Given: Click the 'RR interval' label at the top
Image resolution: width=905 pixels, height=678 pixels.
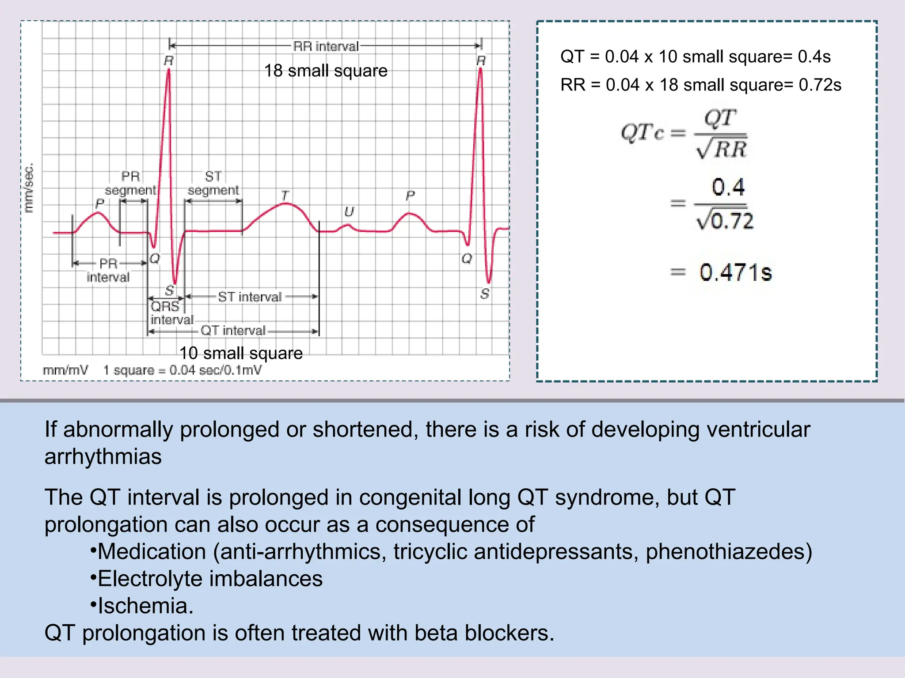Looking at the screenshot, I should pos(326,46).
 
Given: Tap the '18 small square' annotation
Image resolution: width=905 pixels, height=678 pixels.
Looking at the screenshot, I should pos(326,71).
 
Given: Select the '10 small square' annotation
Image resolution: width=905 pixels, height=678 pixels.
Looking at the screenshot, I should pos(241,353).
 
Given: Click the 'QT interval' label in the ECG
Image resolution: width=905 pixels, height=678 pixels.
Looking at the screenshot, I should pos(233,331).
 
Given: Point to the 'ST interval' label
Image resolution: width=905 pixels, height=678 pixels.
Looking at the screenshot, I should pos(250,297).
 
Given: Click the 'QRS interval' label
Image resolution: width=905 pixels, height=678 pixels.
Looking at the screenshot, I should pos(171,313).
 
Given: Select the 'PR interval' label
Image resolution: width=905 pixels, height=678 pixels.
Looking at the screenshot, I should pos(108,270).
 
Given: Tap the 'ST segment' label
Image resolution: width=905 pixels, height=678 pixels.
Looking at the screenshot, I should pos(213,184).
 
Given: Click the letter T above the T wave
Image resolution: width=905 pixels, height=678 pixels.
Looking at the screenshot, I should pos(285,195).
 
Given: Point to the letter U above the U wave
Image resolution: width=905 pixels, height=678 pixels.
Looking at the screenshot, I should pos(349,212).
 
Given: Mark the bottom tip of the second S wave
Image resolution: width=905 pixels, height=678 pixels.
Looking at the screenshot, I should pos(489,282).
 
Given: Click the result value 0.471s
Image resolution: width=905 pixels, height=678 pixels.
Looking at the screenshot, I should pos(736,272).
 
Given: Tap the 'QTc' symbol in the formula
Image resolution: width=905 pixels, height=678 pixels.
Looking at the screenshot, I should pos(643,132).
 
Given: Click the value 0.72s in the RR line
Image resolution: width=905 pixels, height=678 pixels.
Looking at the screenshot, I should pos(820,85).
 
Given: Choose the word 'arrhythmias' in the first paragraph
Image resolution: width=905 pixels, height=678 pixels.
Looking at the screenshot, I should pos(103,456).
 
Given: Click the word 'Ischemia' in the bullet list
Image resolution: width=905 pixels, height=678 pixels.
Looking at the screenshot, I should pos(142,606).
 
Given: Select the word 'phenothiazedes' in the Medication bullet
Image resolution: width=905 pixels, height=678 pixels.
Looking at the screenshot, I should pos(725,552).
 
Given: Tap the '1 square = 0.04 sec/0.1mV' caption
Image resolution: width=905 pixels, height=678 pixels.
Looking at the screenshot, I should pos(182,370).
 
